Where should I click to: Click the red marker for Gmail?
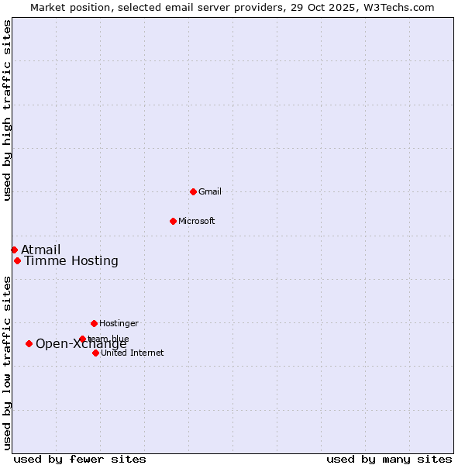coord(193,191)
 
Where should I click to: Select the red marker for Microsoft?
coord(173,221)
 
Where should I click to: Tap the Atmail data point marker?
coord(14,250)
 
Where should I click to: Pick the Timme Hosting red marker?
coord(17,260)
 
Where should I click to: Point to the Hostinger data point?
coord(94,323)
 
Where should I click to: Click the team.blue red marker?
coord(82,339)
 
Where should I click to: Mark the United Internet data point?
coord(95,353)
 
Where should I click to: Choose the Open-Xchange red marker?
coord(29,343)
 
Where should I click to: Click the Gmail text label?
coord(210,191)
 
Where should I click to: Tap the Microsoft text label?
coord(197,221)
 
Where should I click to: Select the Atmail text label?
coord(40,250)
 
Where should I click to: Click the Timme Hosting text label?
coord(71,260)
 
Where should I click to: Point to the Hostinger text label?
coord(119,323)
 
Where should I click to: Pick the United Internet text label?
coord(133,353)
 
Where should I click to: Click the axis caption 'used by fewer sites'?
coord(80,459)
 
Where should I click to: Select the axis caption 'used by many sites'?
coord(389,459)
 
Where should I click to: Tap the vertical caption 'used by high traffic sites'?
coord(8,110)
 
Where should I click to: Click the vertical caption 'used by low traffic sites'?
coord(8,363)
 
